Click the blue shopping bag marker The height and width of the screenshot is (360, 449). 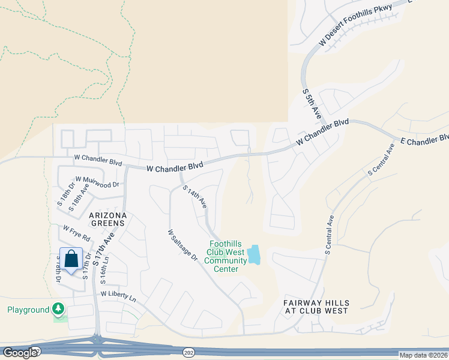(x=71, y=260)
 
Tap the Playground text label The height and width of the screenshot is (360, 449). (x=28, y=310)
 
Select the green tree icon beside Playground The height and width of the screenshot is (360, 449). (x=58, y=310)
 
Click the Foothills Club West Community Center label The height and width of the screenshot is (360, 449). (x=226, y=257)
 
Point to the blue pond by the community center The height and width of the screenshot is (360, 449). (x=255, y=255)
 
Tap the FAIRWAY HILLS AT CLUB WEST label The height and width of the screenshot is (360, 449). (x=316, y=307)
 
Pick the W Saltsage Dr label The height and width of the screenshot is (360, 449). (x=182, y=245)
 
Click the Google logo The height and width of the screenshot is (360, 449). (x=20, y=352)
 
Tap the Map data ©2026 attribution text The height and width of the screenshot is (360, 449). (x=423, y=355)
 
